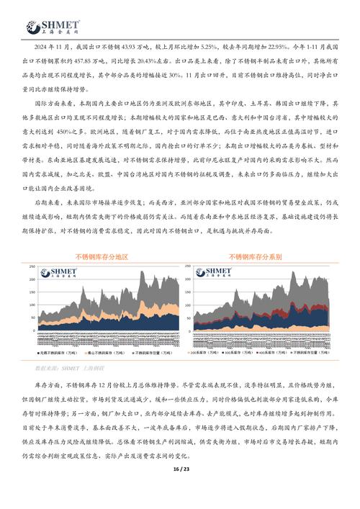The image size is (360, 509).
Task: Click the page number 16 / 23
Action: tap(179, 489)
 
